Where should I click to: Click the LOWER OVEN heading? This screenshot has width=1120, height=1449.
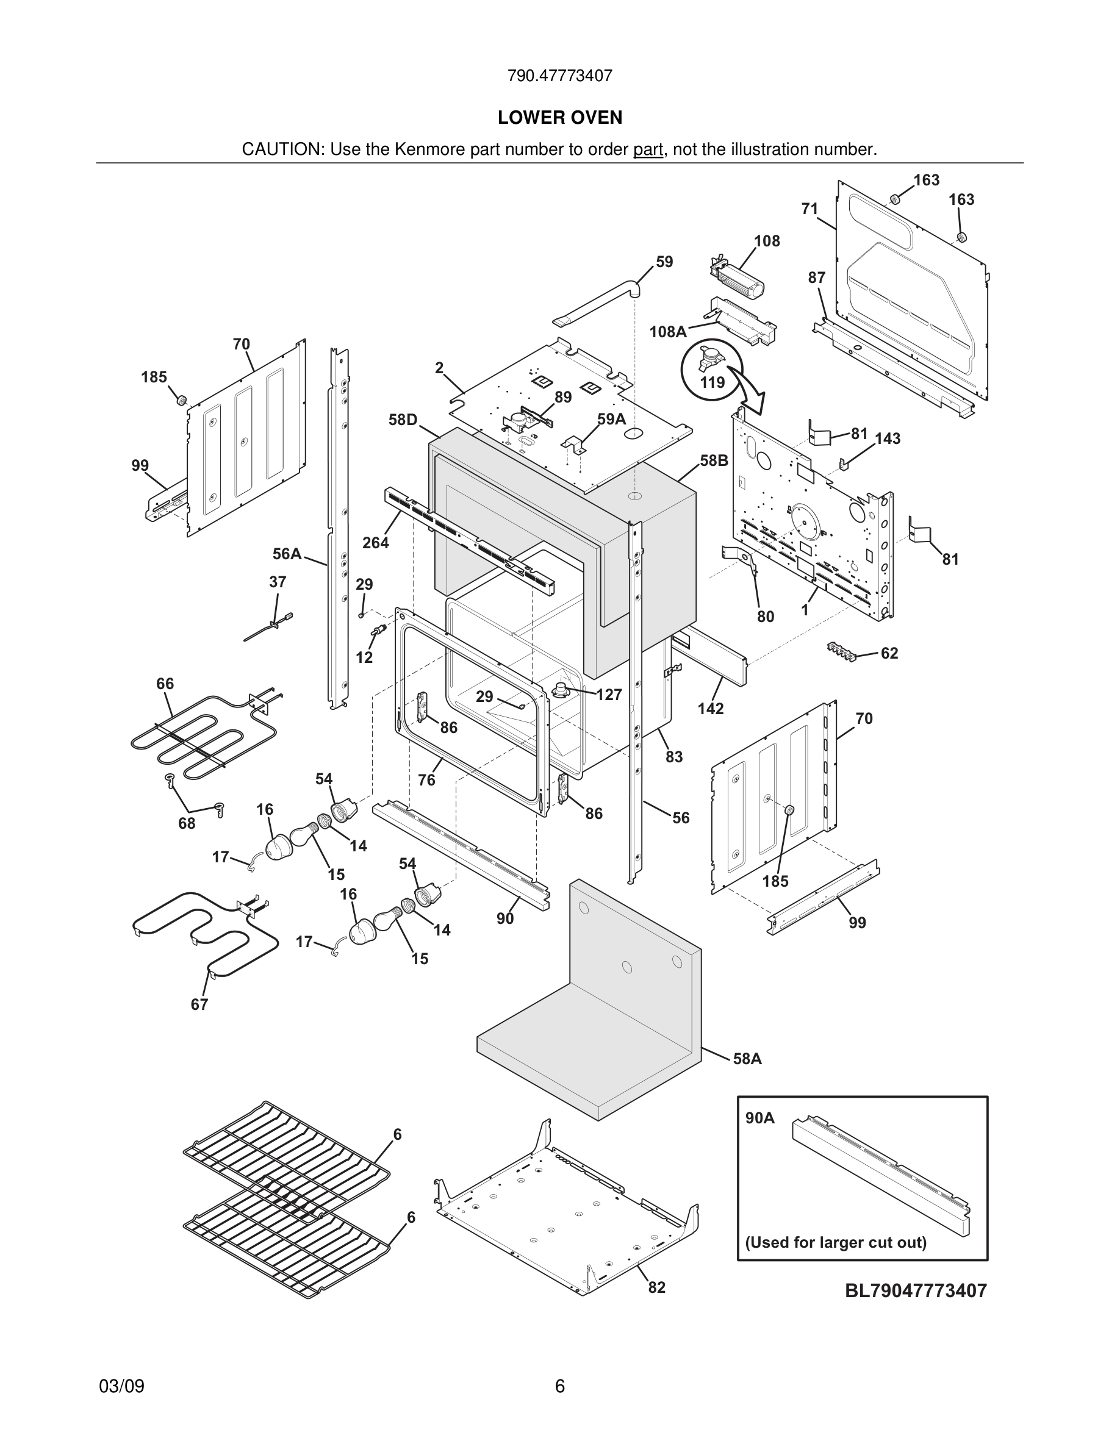[x=560, y=118]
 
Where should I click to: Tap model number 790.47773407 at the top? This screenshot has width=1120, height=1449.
[x=560, y=76]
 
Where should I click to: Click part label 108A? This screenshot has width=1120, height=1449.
[x=667, y=332]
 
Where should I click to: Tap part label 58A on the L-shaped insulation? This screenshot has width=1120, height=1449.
[x=747, y=1059]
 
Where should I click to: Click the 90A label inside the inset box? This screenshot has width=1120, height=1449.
[x=759, y=1118]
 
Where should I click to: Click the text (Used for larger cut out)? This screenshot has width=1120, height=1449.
[x=835, y=1243]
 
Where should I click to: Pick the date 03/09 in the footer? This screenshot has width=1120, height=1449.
[x=121, y=1387]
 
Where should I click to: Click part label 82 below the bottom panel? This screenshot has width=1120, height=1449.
[x=656, y=1288]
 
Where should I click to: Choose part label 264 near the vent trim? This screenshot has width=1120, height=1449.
[x=376, y=543]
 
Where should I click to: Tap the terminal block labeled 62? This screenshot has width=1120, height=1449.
[x=839, y=649]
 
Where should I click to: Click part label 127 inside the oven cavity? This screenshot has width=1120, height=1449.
[x=608, y=695]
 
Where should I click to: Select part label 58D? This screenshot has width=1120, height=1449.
[x=403, y=420]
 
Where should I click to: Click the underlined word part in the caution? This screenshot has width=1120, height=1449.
[x=648, y=150]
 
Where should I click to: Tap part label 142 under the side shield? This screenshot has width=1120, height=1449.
[x=710, y=709]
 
